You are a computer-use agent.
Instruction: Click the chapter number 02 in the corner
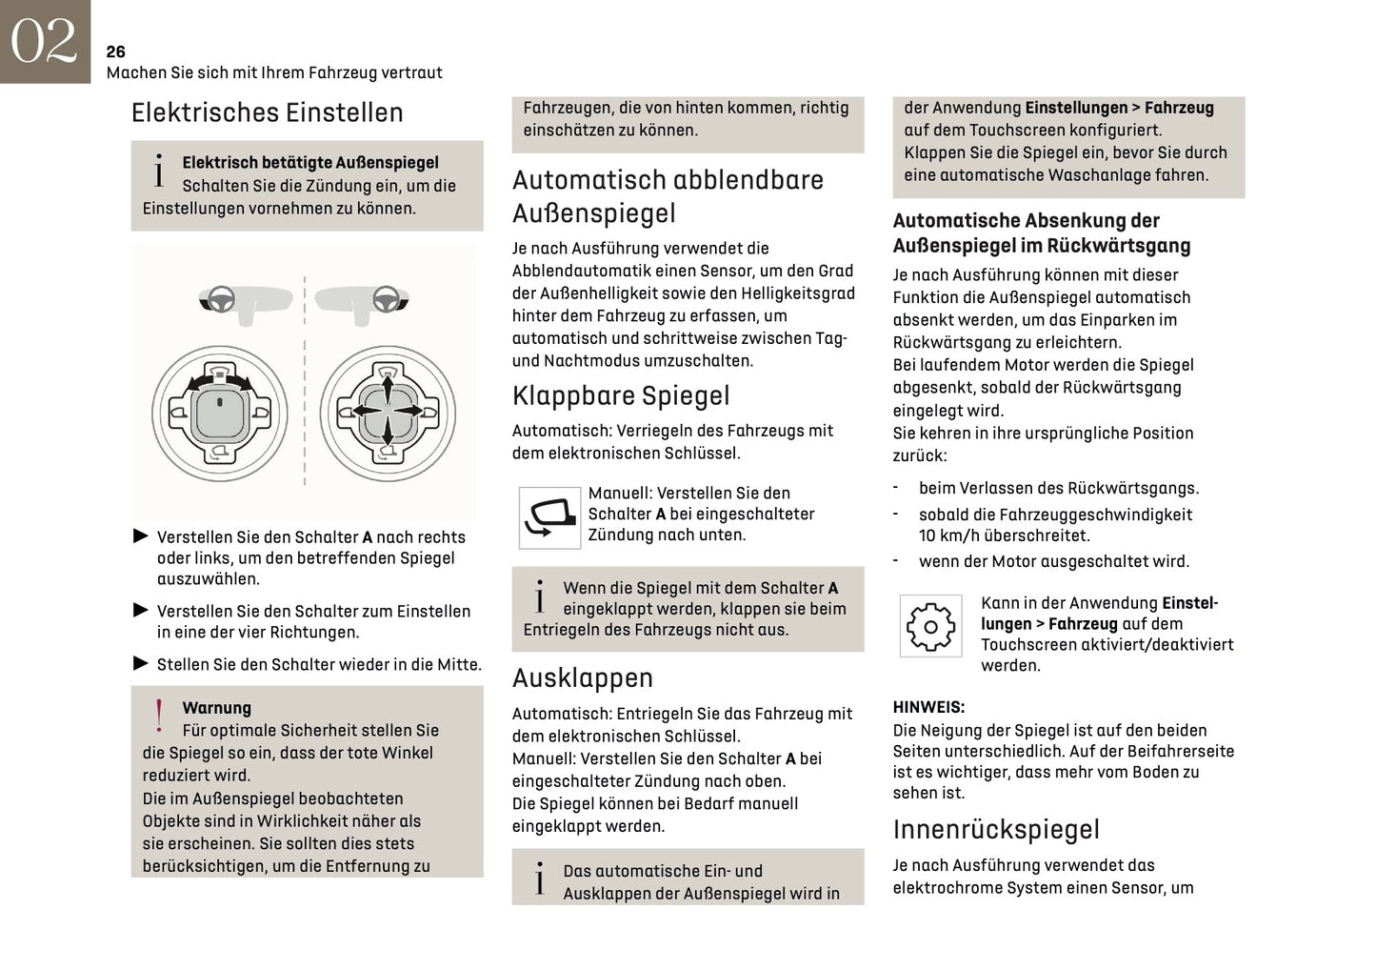pyautogui.click(x=44, y=41)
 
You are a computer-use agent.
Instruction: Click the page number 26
pyautogui.click(x=115, y=51)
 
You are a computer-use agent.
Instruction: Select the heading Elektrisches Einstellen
pyautogui.click(x=267, y=112)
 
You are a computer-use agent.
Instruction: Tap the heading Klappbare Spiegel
pyautogui.click(x=620, y=395)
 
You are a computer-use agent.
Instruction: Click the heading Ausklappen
pyautogui.click(x=582, y=677)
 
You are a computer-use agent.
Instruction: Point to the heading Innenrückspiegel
pyautogui.click(x=995, y=829)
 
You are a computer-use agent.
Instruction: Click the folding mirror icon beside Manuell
pyautogui.click(x=549, y=517)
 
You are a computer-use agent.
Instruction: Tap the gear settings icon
pyautogui.click(x=930, y=626)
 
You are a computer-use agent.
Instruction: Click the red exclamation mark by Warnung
pyautogui.click(x=159, y=717)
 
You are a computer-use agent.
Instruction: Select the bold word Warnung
pyautogui.click(x=216, y=708)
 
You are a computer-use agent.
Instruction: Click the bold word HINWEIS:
pyautogui.click(x=927, y=707)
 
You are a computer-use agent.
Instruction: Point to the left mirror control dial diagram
pyautogui.click(x=220, y=413)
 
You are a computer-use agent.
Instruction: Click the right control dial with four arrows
pyautogui.click(x=388, y=413)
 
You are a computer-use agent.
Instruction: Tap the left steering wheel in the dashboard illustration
pyautogui.click(x=222, y=300)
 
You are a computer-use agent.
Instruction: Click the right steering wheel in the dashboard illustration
pyautogui.click(x=385, y=300)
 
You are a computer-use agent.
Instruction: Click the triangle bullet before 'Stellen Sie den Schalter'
pyautogui.click(x=141, y=663)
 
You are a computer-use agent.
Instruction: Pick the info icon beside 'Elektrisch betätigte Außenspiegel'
pyautogui.click(x=159, y=172)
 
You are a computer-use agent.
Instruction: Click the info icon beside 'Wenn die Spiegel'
pyautogui.click(x=540, y=597)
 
